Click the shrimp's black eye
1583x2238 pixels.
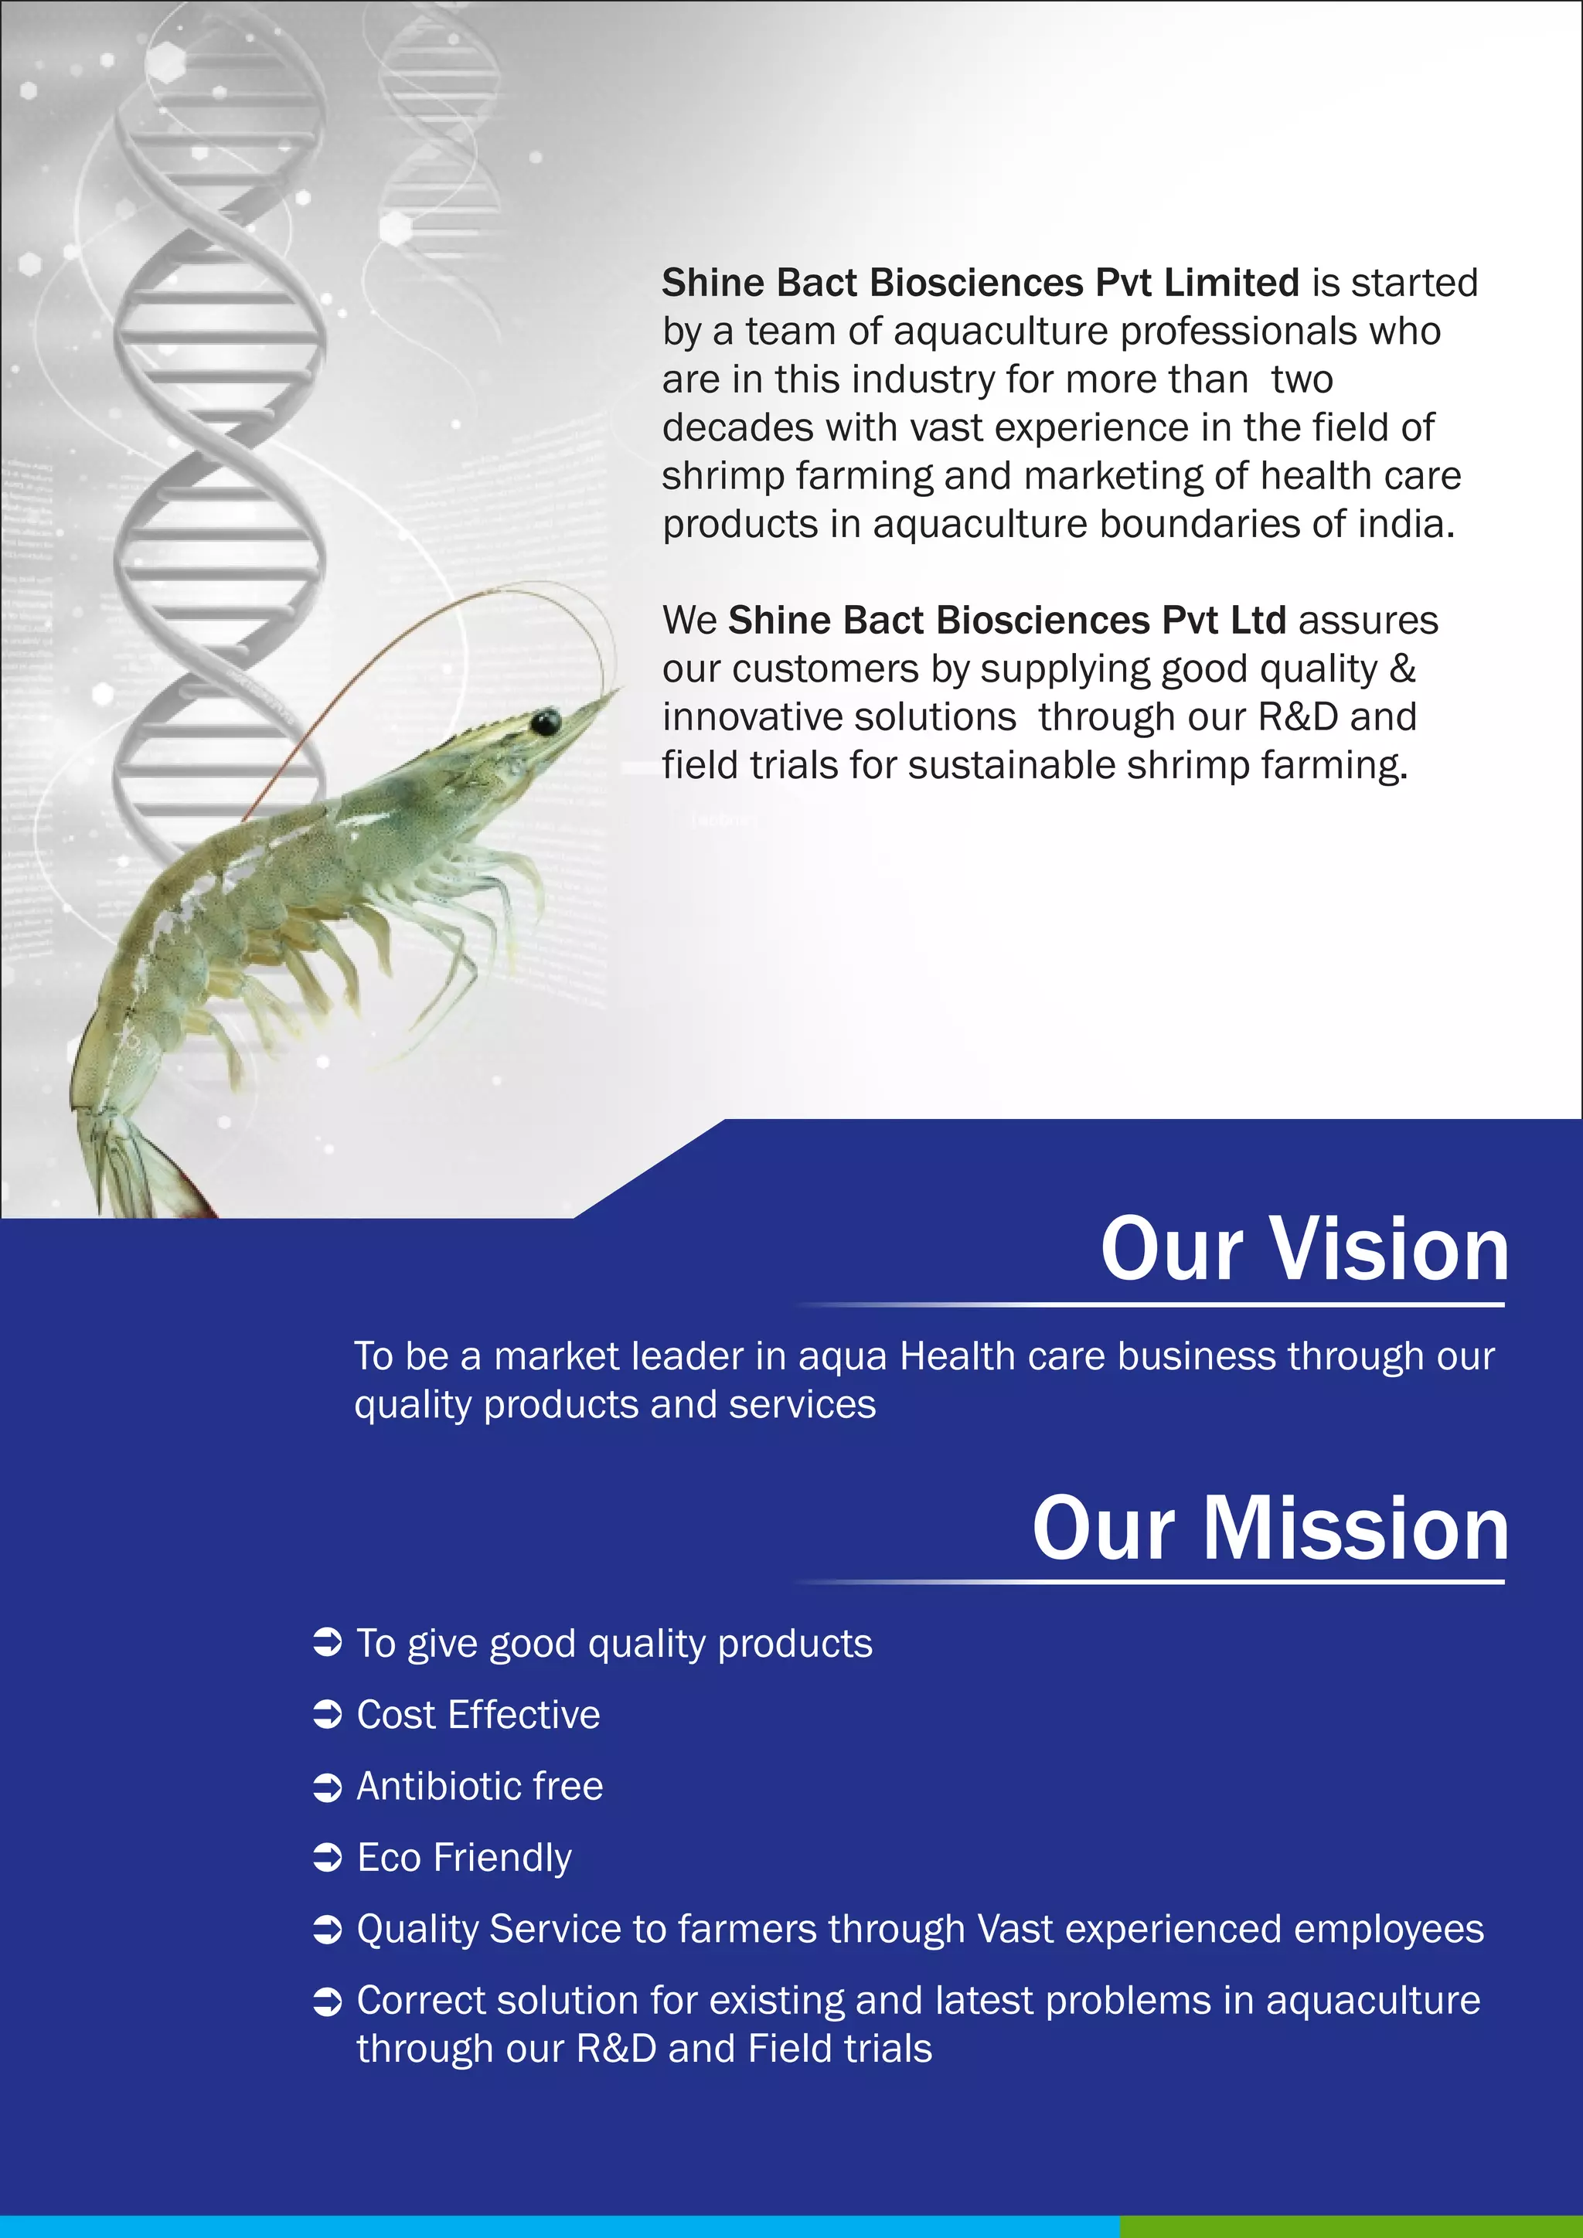(545, 723)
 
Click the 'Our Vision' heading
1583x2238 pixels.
(1304, 1250)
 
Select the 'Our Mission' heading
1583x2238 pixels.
(1270, 1529)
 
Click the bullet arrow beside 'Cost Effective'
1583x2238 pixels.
(328, 1716)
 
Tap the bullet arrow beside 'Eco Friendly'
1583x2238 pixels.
(328, 1858)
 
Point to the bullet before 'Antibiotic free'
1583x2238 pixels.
(328, 1787)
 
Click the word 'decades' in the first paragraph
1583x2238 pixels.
(737, 428)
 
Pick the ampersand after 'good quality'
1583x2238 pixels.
(1403, 668)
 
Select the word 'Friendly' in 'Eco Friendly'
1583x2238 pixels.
(503, 1858)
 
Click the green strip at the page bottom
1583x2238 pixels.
(1350, 2227)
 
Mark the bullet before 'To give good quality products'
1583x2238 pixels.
(328, 1644)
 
